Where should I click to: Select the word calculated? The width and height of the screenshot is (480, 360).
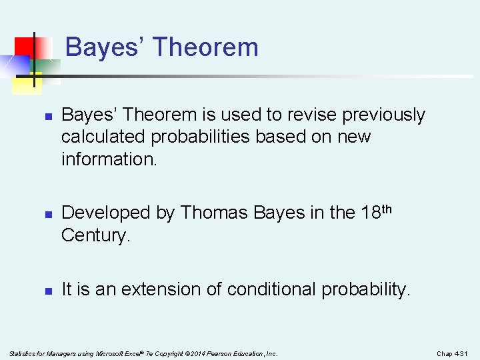[103, 137]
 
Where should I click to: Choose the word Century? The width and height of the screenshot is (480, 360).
[93, 235]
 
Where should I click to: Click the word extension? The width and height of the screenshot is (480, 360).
[179, 289]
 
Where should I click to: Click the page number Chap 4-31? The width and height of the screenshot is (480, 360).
[453, 353]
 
